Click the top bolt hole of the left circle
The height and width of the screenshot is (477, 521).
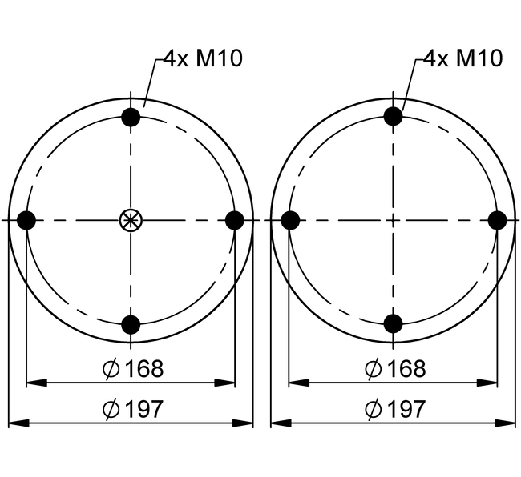(131, 117)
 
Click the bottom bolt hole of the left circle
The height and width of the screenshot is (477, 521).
(131, 324)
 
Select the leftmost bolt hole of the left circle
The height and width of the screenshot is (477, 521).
(26, 220)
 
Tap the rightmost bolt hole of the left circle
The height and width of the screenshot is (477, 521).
(235, 220)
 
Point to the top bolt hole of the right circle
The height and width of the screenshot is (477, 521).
(393, 116)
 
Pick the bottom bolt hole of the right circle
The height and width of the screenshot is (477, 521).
(393, 323)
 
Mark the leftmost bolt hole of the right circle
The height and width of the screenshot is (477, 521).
(290, 220)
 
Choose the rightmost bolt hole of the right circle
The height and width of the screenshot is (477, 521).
(498, 220)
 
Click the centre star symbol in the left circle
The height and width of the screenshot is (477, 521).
(131, 220)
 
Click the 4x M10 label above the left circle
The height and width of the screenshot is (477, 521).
(203, 58)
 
